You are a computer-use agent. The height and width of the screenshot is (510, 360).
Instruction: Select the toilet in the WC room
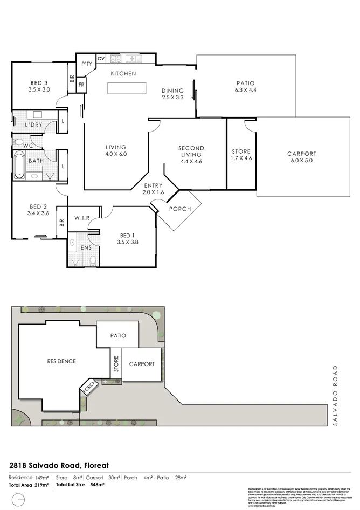pyautogui.click(x=18, y=142)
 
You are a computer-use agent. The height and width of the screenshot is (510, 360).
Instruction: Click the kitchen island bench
pyautogui.click(x=127, y=88)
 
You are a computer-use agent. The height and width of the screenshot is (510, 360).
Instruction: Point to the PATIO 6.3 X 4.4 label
pyautogui.click(x=245, y=87)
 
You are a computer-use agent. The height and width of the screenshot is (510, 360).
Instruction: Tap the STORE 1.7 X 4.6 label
pyautogui.click(x=241, y=155)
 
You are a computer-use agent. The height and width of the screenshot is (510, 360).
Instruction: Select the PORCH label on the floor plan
pyautogui.click(x=179, y=209)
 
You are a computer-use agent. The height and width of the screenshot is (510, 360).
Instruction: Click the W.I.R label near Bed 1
pyautogui.click(x=81, y=218)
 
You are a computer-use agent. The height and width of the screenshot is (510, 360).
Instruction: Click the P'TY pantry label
pyautogui.click(x=87, y=64)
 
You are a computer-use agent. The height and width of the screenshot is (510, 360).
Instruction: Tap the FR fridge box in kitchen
pyautogui.click(x=82, y=85)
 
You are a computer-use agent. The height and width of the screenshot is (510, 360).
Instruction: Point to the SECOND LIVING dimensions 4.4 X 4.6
pyautogui.click(x=191, y=161)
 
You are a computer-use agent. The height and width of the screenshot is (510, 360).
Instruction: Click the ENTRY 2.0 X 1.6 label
pyautogui.click(x=153, y=189)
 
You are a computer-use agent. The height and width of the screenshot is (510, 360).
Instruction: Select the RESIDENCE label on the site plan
pyautogui.click(x=61, y=361)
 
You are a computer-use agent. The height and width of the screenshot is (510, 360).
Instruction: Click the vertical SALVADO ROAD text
pyautogui.click(x=335, y=396)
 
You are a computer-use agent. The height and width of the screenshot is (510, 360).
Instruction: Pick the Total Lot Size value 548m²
pyautogui.click(x=97, y=485)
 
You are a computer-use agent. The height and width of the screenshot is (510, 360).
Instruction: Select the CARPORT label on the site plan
pyautogui.click(x=142, y=364)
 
